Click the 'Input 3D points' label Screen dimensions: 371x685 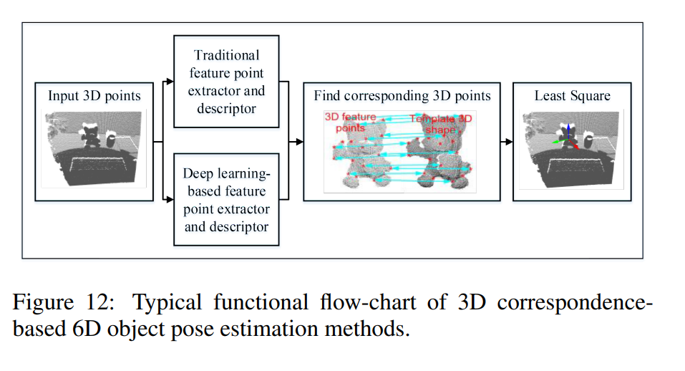[x=94, y=96]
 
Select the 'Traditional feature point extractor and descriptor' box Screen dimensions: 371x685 [x=226, y=82]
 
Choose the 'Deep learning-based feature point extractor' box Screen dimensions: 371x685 [x=226, y=200]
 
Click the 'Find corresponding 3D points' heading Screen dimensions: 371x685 [x=402, y=96]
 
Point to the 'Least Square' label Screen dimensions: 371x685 [x=572, y=96]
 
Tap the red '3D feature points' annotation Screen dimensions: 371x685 [x=350, y=121]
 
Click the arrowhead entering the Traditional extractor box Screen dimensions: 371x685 [x=170, y=82]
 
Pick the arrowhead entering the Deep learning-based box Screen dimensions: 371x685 [x=170, y=200]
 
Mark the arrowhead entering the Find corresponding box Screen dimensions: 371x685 [x=300, y=141]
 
